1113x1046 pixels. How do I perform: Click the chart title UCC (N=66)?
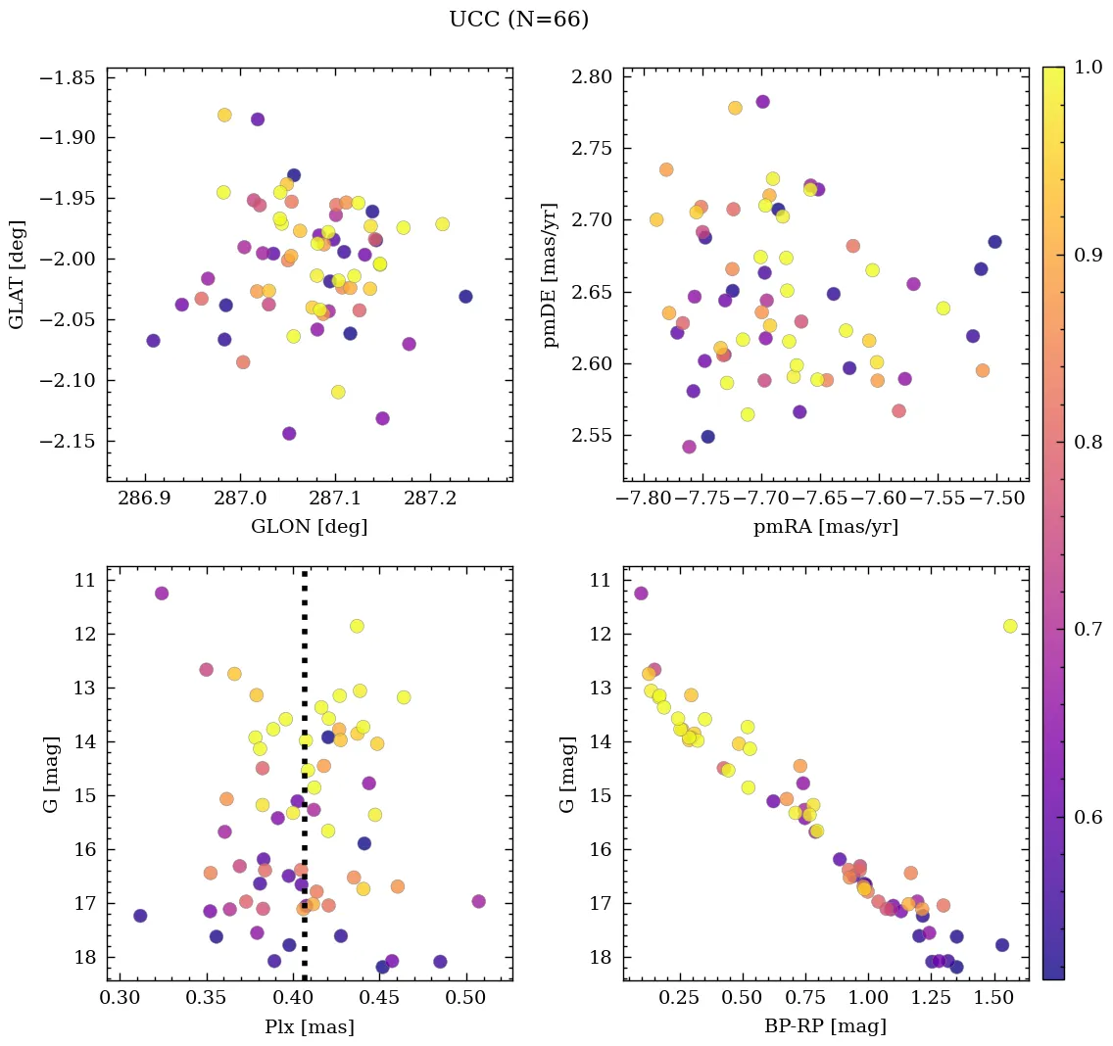(518, 20)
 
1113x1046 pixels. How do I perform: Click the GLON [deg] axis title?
(309, 527)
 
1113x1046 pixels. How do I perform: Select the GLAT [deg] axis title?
(17, 274)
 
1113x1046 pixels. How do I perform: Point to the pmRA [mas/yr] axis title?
(825, 527)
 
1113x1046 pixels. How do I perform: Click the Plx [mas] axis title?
(309, 1026)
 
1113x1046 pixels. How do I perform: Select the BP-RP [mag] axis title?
(825, 1026)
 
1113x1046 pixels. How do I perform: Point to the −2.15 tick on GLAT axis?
(67, 441)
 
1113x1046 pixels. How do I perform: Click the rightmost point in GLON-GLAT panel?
(465, 296)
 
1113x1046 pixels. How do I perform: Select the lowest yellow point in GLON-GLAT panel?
(338, 392)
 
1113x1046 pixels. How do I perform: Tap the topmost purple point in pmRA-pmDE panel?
(762, 101)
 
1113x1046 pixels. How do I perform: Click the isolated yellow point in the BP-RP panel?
(1010, 626)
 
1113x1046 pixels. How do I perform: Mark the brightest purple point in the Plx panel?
(162, 593)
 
